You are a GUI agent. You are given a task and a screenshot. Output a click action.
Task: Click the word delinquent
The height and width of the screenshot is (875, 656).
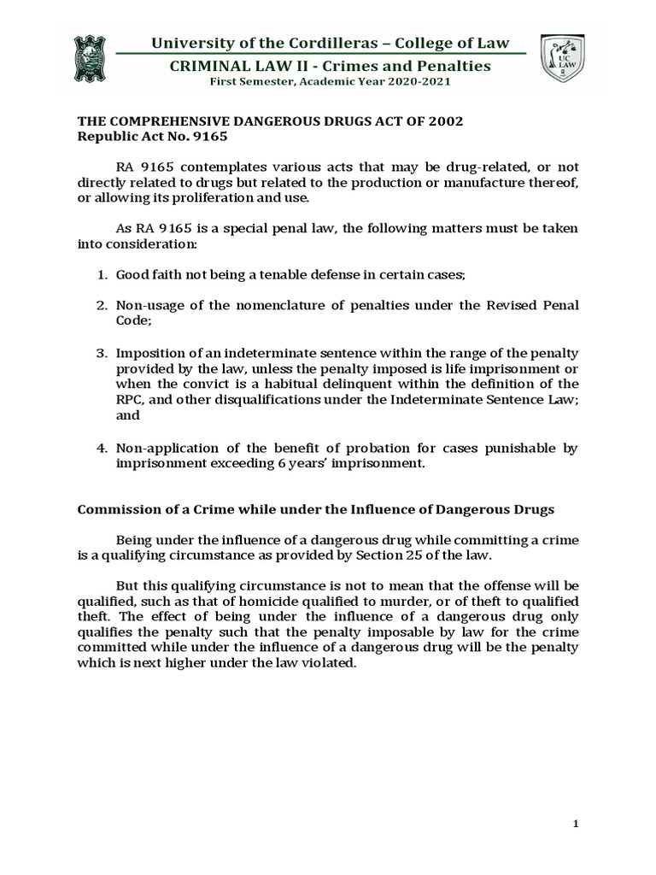point(331,385)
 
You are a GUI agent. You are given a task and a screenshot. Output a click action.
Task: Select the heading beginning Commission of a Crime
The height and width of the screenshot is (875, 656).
point(316,509)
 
